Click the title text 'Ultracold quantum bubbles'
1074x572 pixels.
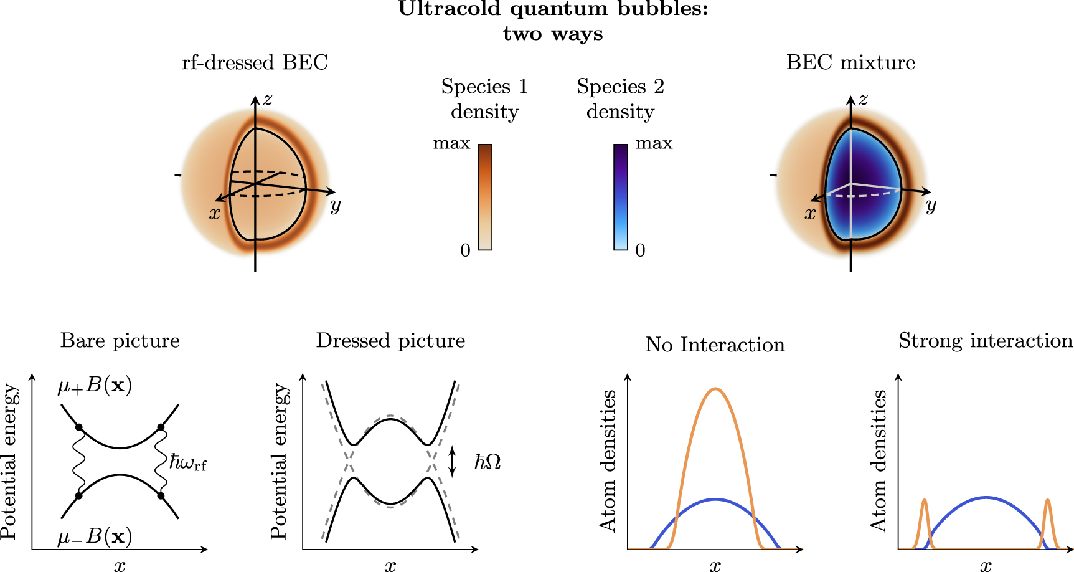pyautogui.click(x=553, y=9)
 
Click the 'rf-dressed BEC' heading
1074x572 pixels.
pyautogui.click(x=255, y=63)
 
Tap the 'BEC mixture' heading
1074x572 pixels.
pyautogui.click(x=850, y=63)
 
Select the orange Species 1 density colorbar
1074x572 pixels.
pyautogui.click(x=485, y=197)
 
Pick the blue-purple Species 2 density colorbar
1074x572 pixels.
pyautogui.click(x=621, y=197)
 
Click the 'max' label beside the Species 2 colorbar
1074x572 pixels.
pyautogui.click(x=654, y=144)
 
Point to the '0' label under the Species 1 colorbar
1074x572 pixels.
pyautogui.click(x=465, y=250)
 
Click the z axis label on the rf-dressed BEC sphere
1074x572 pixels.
pyautogui.click(x=267, y=100)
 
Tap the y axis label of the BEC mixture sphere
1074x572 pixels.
pyautogui.click(x=931, y=205)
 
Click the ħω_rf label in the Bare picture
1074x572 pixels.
pyautogui.click(x=188, y=463)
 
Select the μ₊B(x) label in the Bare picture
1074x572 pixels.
pyautogui.click(x=95, y=386)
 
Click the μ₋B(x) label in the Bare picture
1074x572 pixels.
pyautogui.click(x=95, y=536)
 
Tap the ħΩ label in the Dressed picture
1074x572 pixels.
pyautogui.click(x=488, y=462)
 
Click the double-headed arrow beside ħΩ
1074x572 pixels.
pyautogui.click(x=453, y=462)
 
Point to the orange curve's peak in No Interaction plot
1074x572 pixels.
pyautogui.click(x=716, y=389)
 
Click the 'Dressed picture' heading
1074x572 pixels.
pyautogui.click(x=390, y=341)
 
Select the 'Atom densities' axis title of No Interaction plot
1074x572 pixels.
pyautogui.click(x=608, y=461)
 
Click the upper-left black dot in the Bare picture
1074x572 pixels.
pyautogui.click(x=79, y=427)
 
